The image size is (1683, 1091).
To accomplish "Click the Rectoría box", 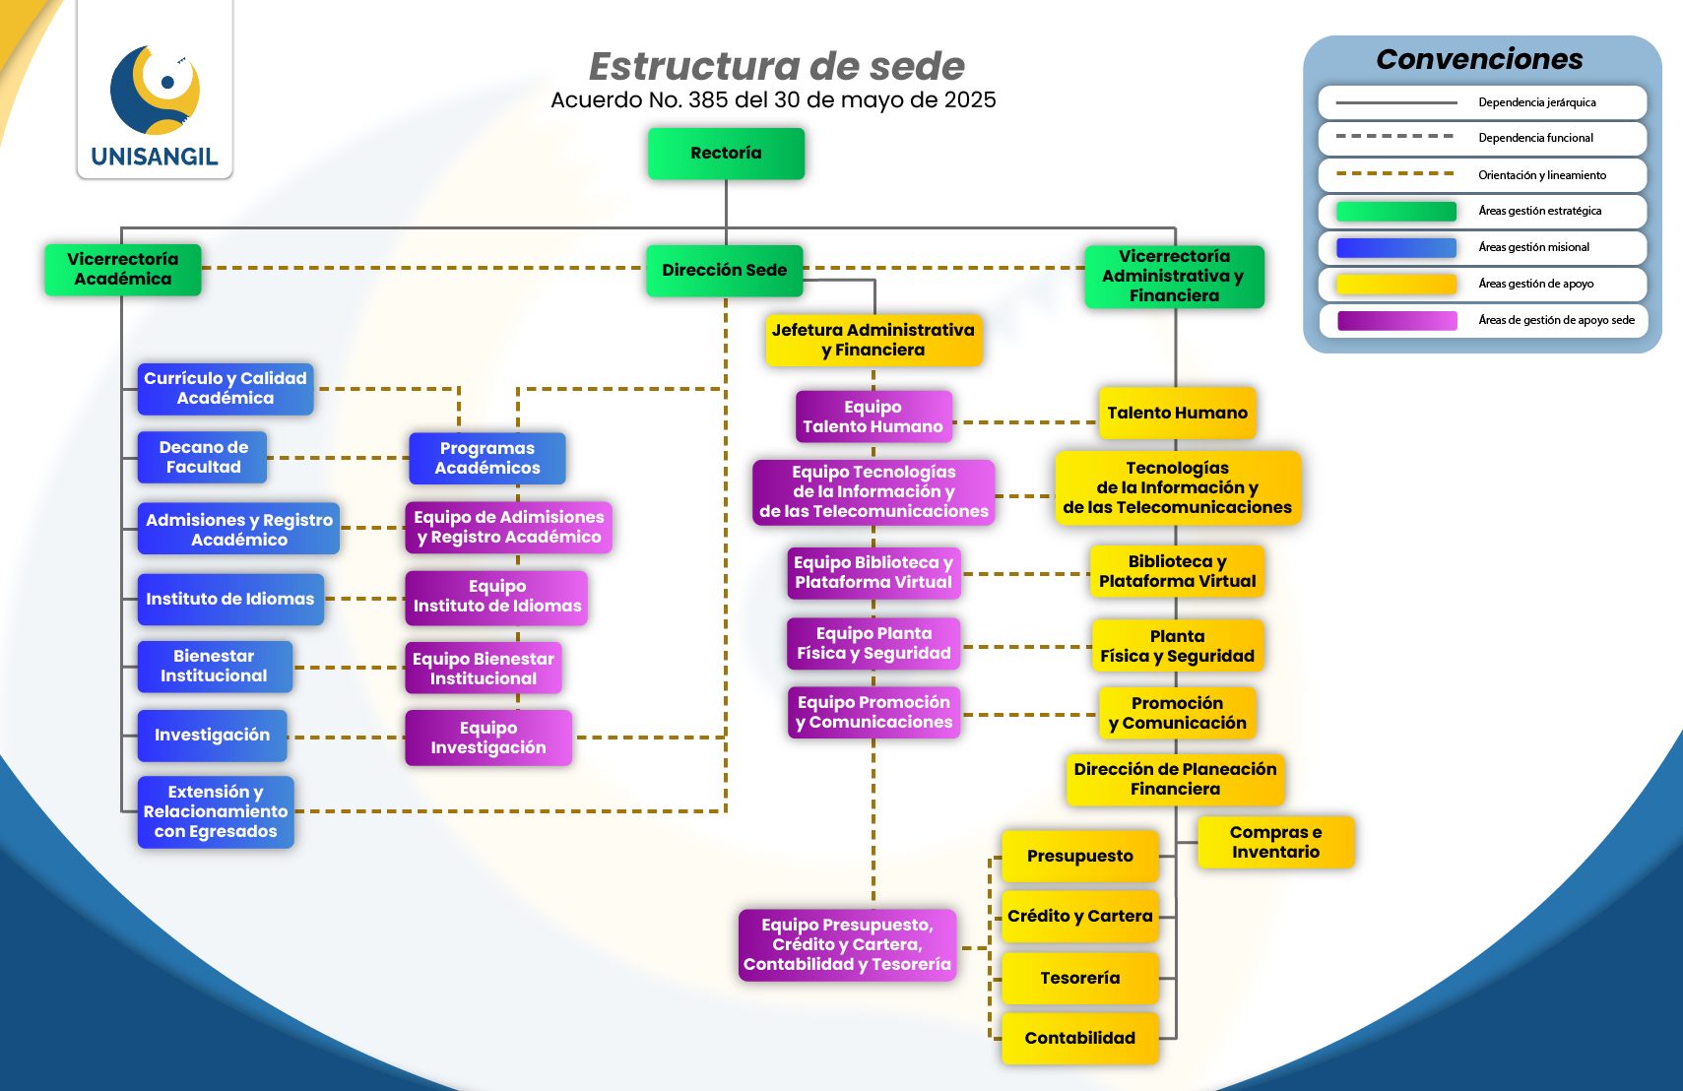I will (x=726, y=154).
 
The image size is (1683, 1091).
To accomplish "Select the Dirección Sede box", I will (x=724, y=270).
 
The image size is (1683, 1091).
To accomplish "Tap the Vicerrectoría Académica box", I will (x=123, y=269).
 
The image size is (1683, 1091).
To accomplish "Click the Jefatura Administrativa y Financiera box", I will (x=874, y=340).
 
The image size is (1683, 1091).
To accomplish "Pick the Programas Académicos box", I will (x=487, y=458).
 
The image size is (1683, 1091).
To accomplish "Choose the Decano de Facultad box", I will (x=203, y=457).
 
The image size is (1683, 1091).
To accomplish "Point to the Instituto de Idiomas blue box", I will (x=230, y=599).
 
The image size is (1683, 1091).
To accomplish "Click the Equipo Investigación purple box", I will (x=488, y=738).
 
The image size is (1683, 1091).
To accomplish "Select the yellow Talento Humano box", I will (x=1177, y=413).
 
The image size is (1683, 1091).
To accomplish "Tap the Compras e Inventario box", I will (x=1275, y=842).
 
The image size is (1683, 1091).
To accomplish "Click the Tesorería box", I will (x=1079, y=978).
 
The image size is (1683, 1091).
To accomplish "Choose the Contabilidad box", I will (x=1079, y=1038).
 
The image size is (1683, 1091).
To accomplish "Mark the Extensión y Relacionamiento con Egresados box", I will (x=216, y=811).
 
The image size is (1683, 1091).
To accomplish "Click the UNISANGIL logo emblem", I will (x=156, y=91).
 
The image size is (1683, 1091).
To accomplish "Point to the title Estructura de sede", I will (x=776, y=66).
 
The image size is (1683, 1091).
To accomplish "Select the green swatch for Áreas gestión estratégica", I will (x=1395, y=211).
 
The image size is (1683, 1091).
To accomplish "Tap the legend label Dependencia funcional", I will (x=1535, y=138).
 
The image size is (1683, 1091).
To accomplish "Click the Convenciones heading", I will (x=1479, y=59).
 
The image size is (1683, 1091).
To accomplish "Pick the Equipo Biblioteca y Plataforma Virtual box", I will (x=874, y=572).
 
